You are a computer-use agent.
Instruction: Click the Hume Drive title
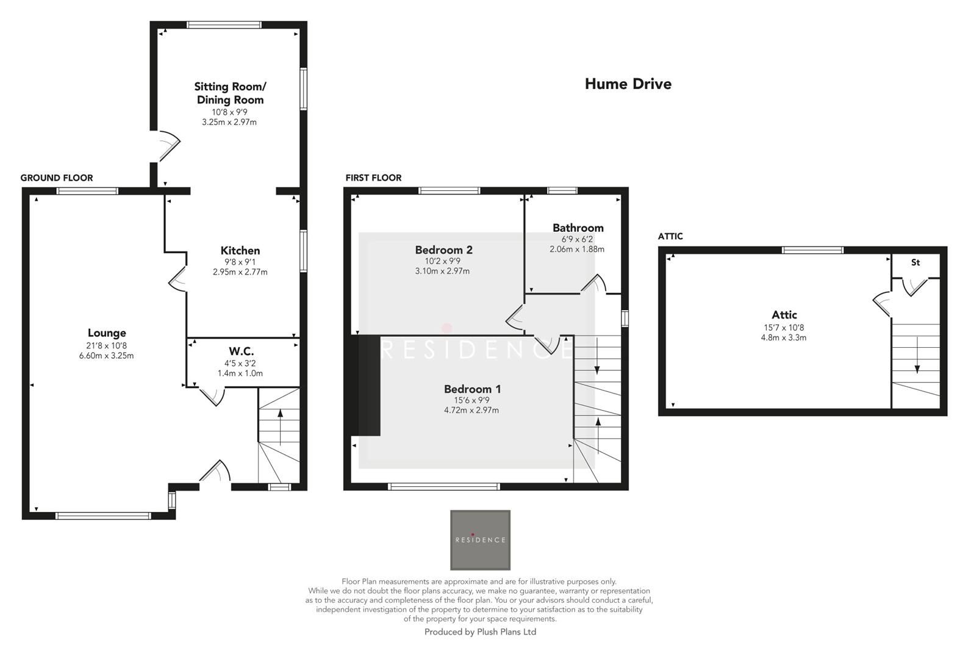tap(628, 84)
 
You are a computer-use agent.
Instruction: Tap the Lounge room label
tap(107, 333)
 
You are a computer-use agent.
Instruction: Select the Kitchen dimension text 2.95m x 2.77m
tap(240, 272)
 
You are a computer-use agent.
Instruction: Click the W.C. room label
tap(241, 351)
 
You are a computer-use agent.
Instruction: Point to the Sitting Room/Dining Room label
tap(230, 93)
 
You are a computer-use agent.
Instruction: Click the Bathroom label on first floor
tap(578, 228)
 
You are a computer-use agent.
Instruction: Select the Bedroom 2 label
tap(443, 250)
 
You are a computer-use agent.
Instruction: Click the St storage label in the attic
tap(915, 263)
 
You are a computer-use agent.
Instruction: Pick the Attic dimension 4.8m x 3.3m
tap(783, 337)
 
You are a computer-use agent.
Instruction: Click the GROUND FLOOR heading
tap(57, 178)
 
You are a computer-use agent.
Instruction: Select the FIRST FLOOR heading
tap(373, 178)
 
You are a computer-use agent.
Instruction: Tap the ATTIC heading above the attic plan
tap(670, 237)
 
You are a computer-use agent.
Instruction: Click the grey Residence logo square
tap(480, 540)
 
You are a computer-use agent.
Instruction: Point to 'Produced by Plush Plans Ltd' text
tap(480, 632)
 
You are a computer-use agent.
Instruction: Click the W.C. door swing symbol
tap(213, 395)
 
